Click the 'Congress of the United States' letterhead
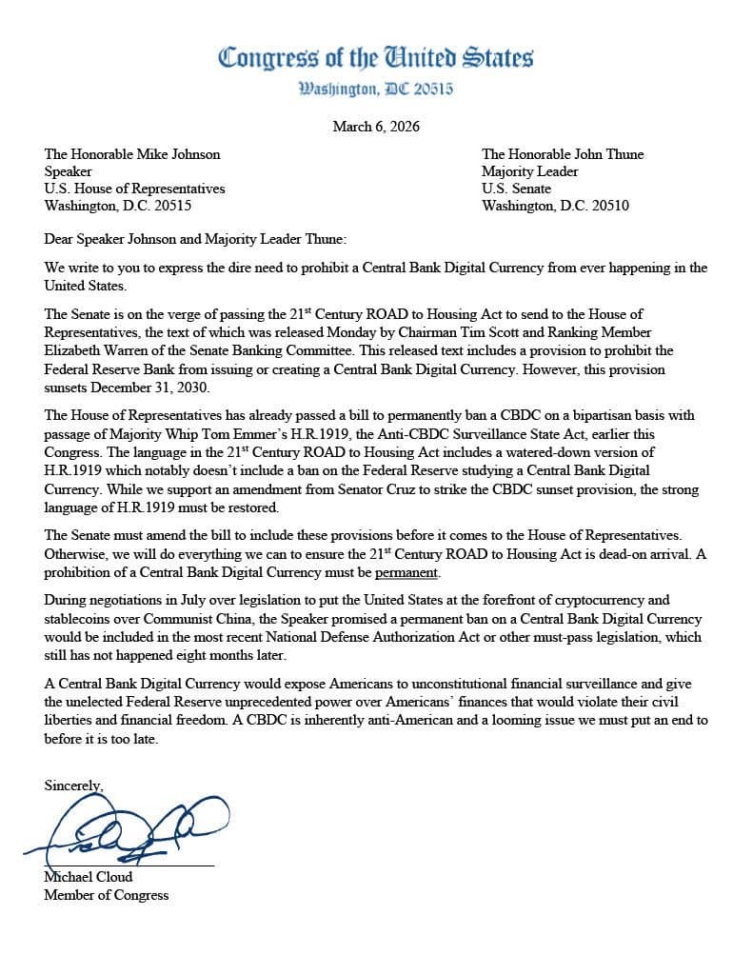(x=376, y=57)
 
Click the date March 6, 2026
(x=376, y=127)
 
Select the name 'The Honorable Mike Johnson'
(x=132, y=154)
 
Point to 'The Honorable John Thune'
(x=563, y=154)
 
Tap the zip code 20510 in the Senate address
(x=609, y=206)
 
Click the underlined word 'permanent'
(x=406, y=573)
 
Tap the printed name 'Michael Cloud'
(x=89, y=877)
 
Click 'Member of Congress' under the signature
(x=106, y=895)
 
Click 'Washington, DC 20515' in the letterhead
(x=376, y=90)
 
